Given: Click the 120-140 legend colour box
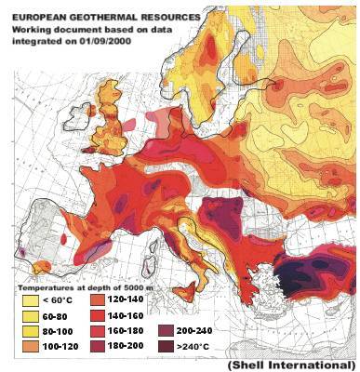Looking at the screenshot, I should [98, 300].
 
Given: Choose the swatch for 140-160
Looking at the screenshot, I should [98, 316].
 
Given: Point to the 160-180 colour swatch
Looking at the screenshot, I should [98, 331].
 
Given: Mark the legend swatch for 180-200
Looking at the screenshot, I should [98, 347].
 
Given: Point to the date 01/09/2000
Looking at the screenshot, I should [101, 40].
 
